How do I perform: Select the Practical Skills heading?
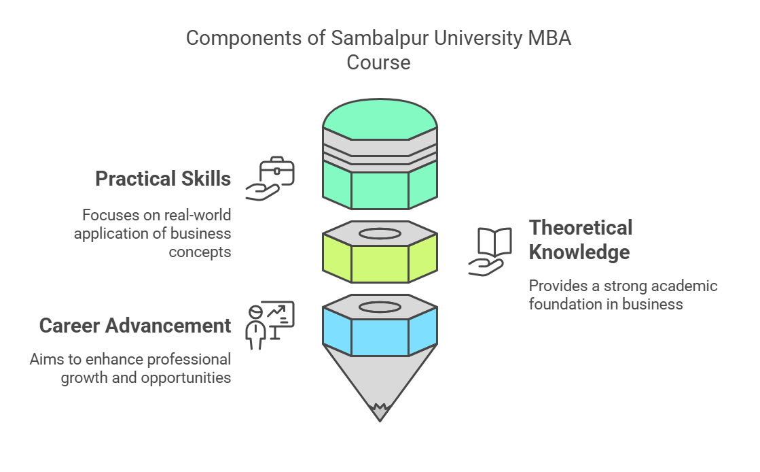[163, 179]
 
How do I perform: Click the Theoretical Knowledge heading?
[580, 239]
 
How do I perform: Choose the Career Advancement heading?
[135, 326]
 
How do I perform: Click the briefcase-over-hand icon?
[270, 179]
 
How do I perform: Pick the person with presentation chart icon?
[269, 324]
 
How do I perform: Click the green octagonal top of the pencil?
[380, 122]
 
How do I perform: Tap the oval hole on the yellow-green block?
[380, 234]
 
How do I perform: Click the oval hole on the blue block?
[380, 307]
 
